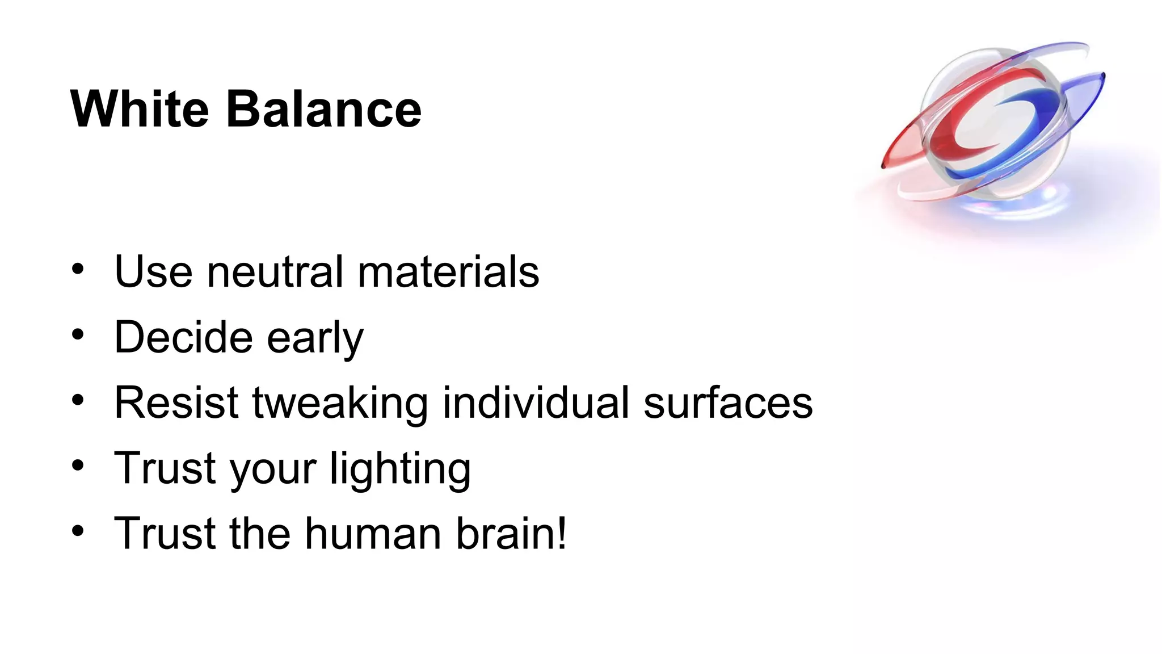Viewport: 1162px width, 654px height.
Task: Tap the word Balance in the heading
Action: coord(324,109)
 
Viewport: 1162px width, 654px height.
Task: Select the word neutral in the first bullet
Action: coord(275,272)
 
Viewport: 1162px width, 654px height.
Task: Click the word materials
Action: coord(448,272)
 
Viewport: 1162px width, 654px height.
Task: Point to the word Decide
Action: coord(183,337)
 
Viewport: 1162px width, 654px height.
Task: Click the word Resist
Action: coord(176,403)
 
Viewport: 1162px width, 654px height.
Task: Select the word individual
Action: coord(536,403)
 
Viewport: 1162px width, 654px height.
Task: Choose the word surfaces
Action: coord(728,403)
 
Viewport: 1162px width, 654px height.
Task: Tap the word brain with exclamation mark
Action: coord(511,534)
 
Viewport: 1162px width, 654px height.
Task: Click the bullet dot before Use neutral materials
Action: coord(78,269)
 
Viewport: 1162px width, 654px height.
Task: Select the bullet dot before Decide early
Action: coord(78,334)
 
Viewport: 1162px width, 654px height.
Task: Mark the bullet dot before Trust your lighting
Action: coord(78,466)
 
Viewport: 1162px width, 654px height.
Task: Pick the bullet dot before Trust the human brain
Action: coord(78,531)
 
